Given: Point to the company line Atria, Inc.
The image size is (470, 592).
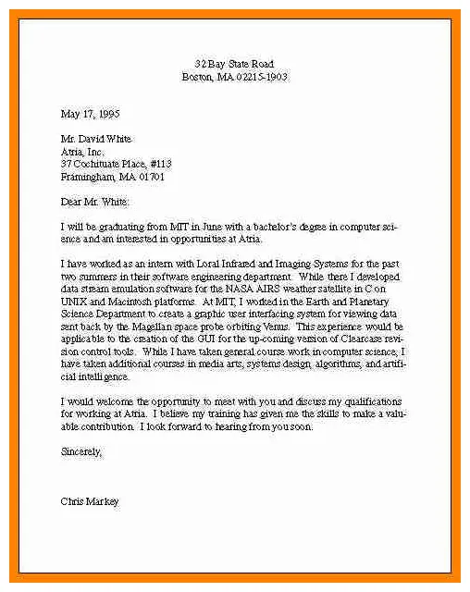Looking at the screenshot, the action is click(82, 151).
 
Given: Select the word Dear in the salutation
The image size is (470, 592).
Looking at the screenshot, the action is click(71, 201).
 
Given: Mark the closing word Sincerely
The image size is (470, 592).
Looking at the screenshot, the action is click(80, 452).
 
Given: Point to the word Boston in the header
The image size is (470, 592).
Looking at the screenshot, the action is click(197, 77).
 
